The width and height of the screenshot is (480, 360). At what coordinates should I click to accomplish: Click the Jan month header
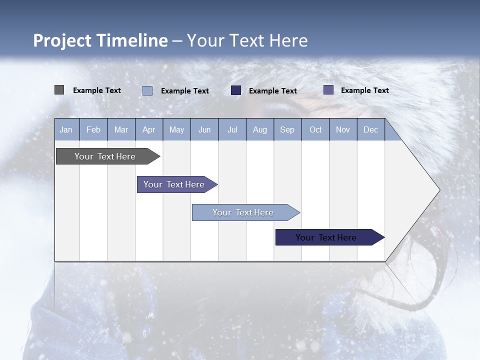point(66,130)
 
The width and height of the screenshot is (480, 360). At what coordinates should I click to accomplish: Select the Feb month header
point(93,130)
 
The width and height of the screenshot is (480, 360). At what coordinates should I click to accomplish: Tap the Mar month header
point(121,130)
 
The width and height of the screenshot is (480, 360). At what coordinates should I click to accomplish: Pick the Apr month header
point(149,130)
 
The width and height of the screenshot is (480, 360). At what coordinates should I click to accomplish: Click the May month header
point(176,130)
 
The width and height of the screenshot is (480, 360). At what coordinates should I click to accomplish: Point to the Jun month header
point(204,130)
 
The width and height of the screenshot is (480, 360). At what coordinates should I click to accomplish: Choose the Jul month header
point(232,130)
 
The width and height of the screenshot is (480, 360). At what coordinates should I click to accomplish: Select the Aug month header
point(260,130)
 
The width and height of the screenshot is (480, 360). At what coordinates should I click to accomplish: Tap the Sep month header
point(287,130)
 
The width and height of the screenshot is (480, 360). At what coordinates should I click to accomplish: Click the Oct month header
point(315,130)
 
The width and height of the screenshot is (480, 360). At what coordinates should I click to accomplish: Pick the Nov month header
point(343,130)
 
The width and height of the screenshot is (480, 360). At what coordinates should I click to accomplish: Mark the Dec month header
point(371,130)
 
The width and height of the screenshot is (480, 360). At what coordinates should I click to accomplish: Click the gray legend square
point(59,90)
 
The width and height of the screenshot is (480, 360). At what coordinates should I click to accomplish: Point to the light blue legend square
point(147,90)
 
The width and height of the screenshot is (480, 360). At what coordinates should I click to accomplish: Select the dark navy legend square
point(236,90)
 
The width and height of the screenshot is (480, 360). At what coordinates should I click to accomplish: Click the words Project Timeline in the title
point(100,40)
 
